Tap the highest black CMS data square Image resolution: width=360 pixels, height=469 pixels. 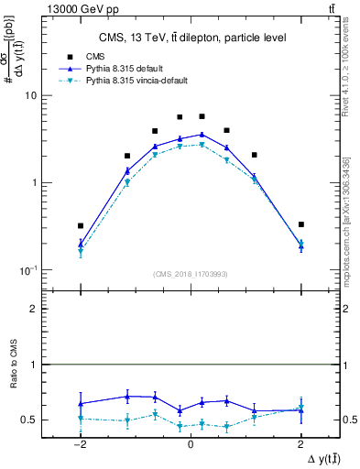click(202, 116)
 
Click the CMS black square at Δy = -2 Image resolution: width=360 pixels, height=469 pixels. click(81, 225)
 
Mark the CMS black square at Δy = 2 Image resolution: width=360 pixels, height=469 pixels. click(300, 224)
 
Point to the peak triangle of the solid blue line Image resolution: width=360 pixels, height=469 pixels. click(202, 135)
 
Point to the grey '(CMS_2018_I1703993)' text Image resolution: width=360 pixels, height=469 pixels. click(190, 273)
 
